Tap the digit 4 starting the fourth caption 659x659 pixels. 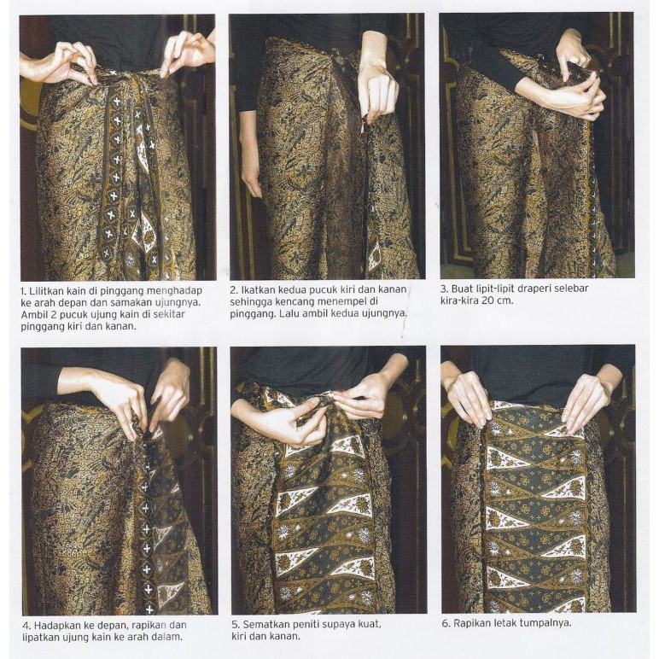click(25, 626)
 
